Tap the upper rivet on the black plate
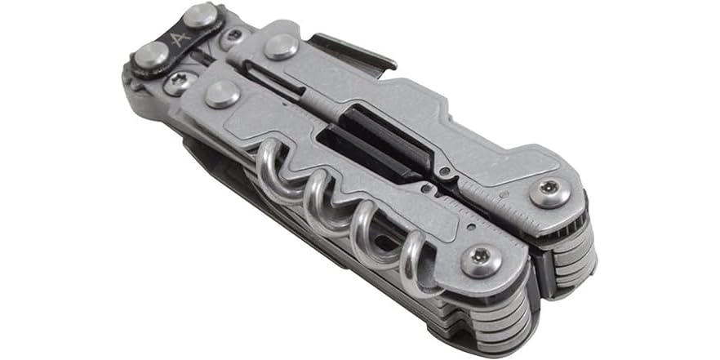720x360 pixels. click(x=200, y=16)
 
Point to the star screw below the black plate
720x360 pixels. click(x=178, y=81)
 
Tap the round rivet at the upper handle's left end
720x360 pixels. click(x=280, y=46)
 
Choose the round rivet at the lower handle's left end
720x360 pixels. click(x=221, y=93)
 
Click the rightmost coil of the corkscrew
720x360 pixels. click(x=416, y=263)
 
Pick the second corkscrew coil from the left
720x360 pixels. click(x=318, y=204)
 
